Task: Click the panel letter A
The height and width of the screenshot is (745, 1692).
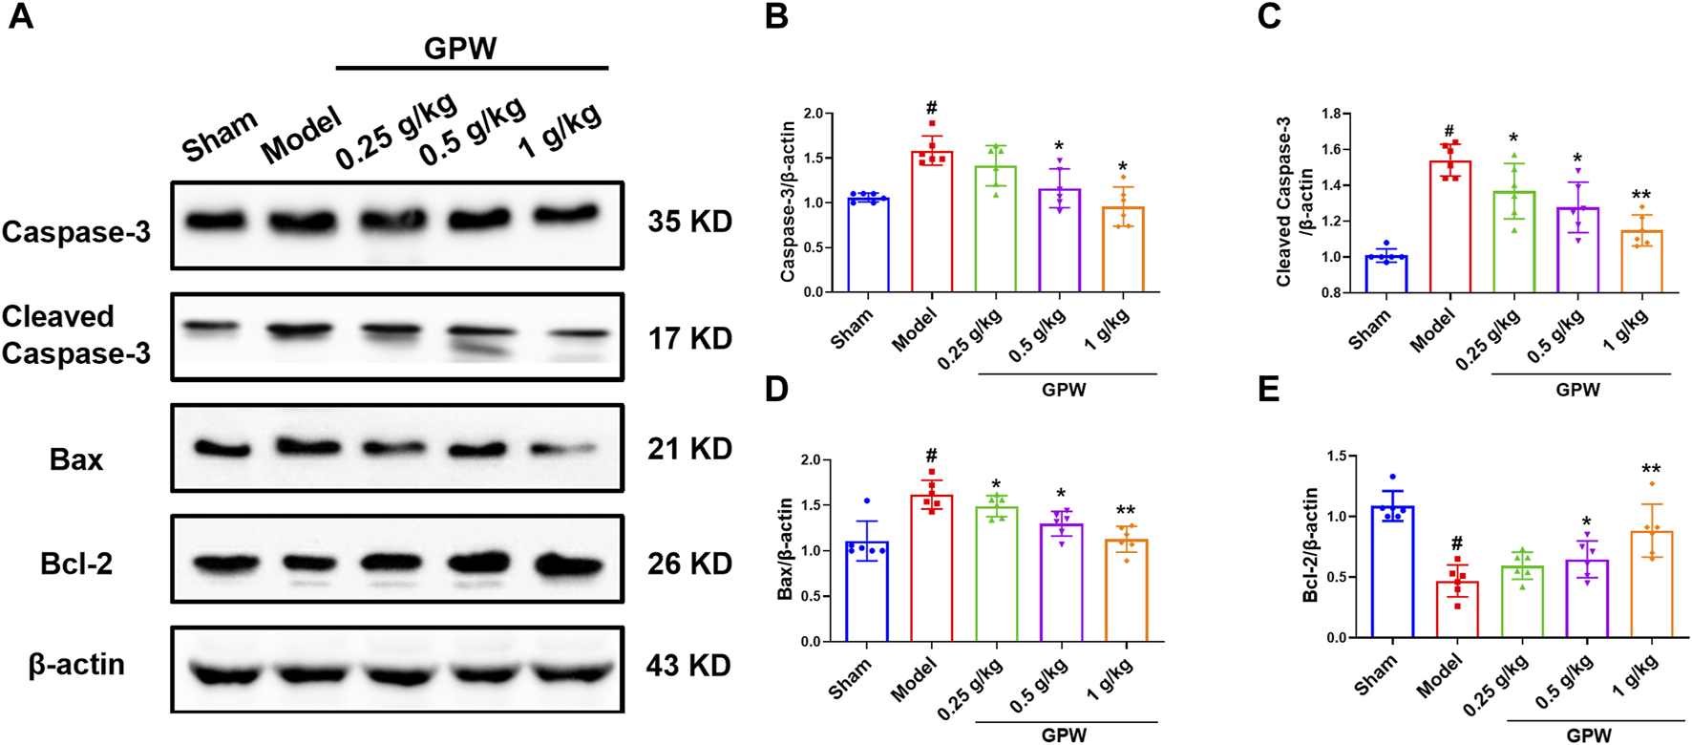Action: click(x=20, y=16)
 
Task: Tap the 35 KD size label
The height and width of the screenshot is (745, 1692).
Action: click(x=689, y=222)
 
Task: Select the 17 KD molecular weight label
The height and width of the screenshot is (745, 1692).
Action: click(x=689, y=338)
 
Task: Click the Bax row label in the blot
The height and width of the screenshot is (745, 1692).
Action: click(x=75, y=459)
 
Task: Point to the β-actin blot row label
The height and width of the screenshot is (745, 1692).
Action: click(x=76, y=665)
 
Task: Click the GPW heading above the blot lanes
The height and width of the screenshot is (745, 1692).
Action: click(x=460, y=48)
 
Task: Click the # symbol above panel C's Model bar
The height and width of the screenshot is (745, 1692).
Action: click(x=1449, y=132)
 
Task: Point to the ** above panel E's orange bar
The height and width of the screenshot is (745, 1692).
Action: click(x=1651, y=470)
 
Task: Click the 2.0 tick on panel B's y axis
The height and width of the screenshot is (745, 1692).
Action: click(x=812, y=114)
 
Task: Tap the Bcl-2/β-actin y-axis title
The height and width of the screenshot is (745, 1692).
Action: click(x=1311, y=544)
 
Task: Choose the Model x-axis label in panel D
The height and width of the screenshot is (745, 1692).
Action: click(x=914, y=680)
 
